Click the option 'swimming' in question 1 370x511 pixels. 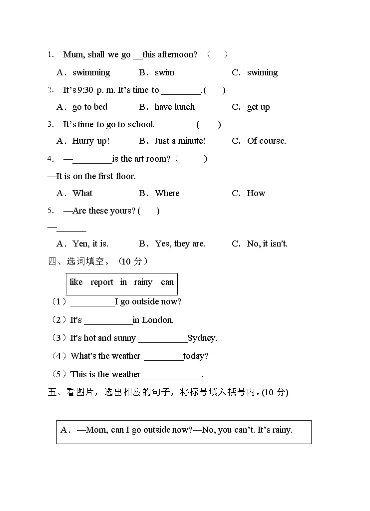click(91, 72)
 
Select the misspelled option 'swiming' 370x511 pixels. click(262, 72)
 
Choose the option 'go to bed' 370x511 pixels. click(90, 107)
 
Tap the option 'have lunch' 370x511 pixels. click(175, 107)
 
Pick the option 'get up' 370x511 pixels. click(258, 107)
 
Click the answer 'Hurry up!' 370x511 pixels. click(91, 141)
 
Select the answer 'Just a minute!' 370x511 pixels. click(180, 141)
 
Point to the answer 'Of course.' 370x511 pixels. click(267, 141)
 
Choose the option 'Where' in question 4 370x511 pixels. click(167, 193)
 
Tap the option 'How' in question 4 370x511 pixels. click(256, 193)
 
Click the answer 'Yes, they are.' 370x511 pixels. click(180, 244)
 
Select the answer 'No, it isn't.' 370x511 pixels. click(267, 244)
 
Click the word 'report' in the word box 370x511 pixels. click(102, 282)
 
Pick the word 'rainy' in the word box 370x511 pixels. click(143, 282)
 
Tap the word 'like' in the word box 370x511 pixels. click(76, 282)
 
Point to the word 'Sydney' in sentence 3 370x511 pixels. click(202, 338)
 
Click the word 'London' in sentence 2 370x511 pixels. click(158, 320)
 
